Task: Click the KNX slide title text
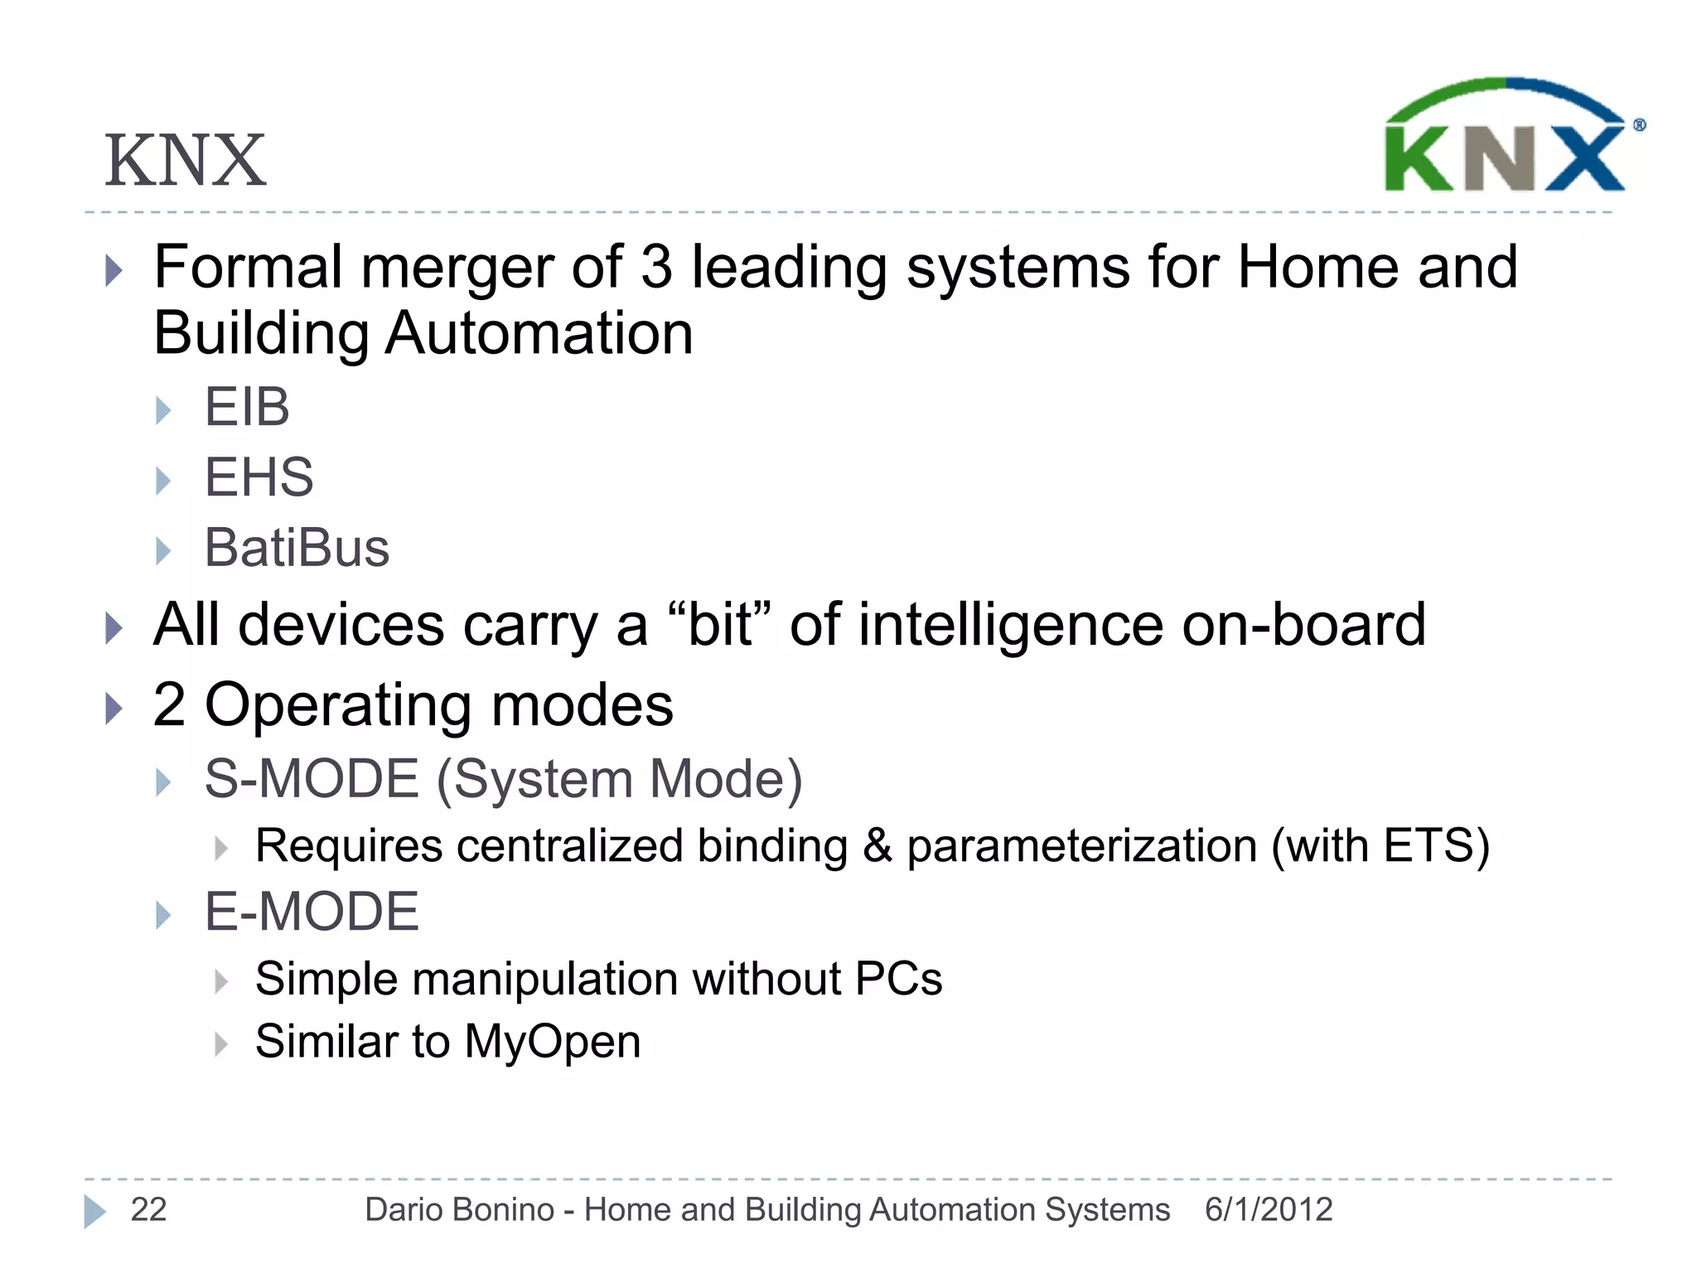pos(185,161)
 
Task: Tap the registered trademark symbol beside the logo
pos(1639,125)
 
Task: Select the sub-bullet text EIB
pos(247,407)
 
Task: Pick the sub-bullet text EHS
pos(259,477)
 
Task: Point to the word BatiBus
pos(297,548)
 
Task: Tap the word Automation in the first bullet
pos(539,333)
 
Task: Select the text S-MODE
pos(312,779)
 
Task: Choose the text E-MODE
pos(312,912)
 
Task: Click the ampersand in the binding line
pos(877,846)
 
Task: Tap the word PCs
pos(898,979)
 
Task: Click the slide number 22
pos(148,1210)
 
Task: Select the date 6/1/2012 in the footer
pos(1268,1210)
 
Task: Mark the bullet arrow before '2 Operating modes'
pos(114,708)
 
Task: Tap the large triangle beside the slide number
pos(94,1211)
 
